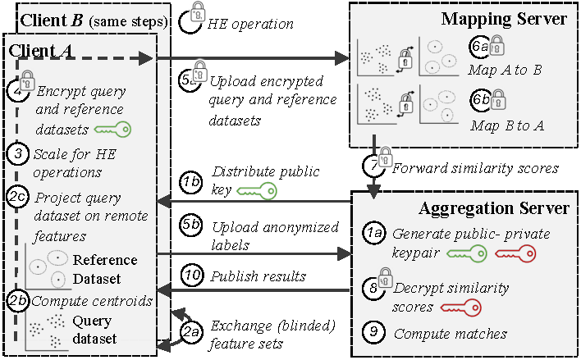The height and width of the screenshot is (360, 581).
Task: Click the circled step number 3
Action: (17, 153)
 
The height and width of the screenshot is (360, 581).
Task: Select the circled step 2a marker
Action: (191, 331)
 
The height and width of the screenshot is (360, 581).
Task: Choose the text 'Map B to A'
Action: (506, 126)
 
